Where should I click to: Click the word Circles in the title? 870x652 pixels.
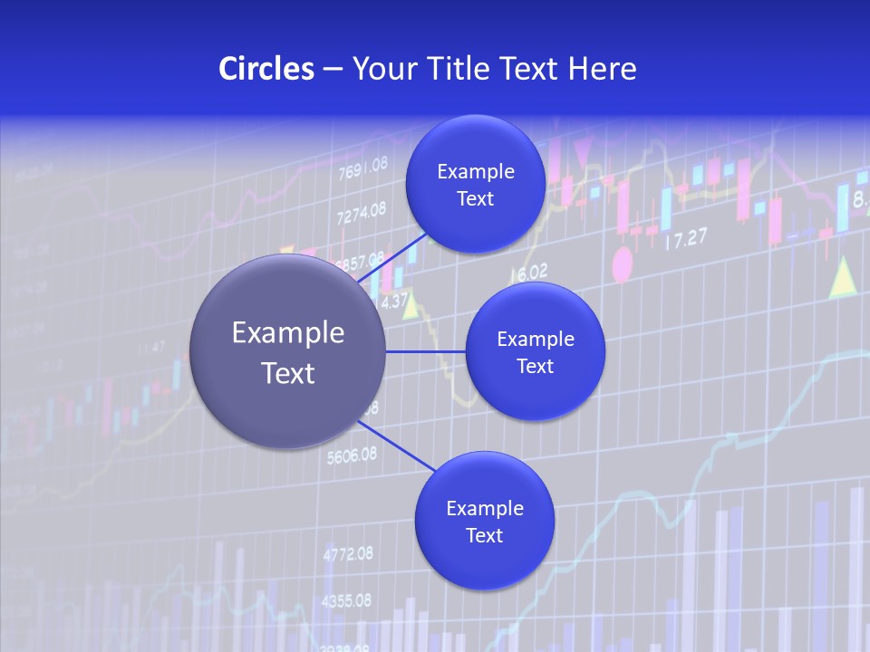(266, 69)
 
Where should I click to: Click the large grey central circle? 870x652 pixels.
(288, 351)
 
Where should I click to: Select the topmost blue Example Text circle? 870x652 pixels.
(475, 185)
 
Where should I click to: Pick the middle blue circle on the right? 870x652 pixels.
(535, 351)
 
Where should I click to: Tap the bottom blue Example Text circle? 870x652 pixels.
(484, 521)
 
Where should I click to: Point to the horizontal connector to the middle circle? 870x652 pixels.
(425, 351)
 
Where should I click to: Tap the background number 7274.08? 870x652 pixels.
(361, 214)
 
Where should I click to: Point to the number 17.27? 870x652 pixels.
(685, 240)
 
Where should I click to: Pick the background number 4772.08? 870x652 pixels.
(347, 552)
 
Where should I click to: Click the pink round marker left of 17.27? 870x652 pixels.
(623, 264)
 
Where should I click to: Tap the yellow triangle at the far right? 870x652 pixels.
(843, 277)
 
